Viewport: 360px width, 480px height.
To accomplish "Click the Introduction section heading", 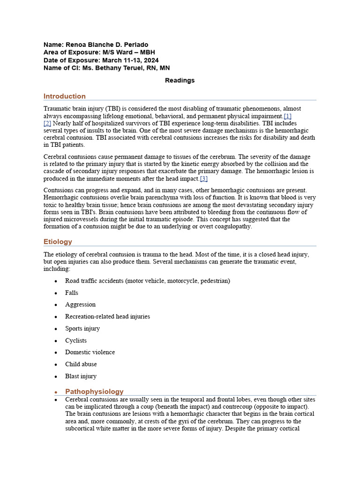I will click(65, 96).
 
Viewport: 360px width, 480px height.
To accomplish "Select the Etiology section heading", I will click(58, 242).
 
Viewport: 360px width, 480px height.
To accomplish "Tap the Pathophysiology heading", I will click(94, 391).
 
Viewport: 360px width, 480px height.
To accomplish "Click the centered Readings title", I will click(180, 81).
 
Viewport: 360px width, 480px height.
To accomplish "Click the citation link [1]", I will click(288, 116).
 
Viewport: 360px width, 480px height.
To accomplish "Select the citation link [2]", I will click(47, 123).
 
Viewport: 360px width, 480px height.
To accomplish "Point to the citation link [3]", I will click(203, 179).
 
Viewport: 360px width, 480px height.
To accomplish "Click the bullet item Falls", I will click(72, 292).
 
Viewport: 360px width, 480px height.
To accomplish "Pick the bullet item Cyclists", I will click(76, 341).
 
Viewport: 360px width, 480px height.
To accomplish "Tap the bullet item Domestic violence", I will click(90, 352).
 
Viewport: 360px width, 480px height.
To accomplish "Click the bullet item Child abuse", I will click(81, 364).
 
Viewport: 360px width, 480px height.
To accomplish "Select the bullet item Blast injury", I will click(81, 376).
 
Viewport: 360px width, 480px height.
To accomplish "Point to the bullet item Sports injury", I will click(82, 329).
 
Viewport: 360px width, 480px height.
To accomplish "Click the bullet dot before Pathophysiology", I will click(56, 392).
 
